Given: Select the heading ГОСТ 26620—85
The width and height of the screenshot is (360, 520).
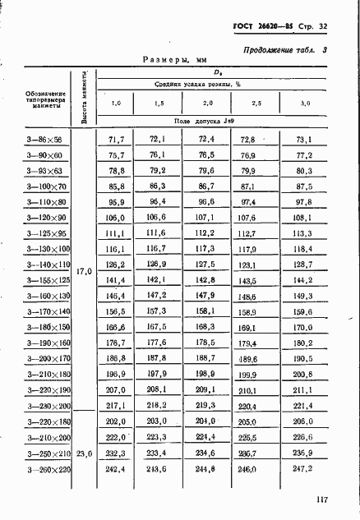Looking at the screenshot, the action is (261, 26).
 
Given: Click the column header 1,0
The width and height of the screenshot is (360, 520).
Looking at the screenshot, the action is (116, 103).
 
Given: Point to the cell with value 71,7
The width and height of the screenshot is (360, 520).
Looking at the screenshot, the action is (116, 141).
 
